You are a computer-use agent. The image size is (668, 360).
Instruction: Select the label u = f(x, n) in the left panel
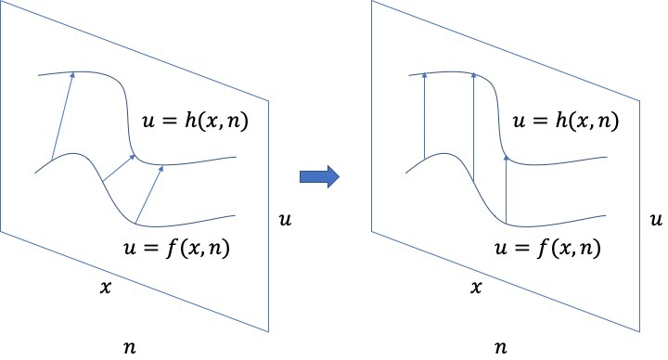177,247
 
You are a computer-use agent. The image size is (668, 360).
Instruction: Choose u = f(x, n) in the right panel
547,248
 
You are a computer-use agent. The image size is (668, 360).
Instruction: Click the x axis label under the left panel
107,288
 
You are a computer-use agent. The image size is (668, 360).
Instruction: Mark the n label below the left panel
129,347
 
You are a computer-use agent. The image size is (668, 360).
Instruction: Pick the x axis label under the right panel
476,288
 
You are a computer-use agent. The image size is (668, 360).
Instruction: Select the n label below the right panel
501,347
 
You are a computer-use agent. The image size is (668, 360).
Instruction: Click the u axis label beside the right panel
655,220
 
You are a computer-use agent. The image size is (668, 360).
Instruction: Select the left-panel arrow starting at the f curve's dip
149,195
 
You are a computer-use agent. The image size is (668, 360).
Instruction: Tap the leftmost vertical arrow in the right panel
423,115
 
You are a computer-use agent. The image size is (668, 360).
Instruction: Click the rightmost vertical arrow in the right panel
507,190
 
